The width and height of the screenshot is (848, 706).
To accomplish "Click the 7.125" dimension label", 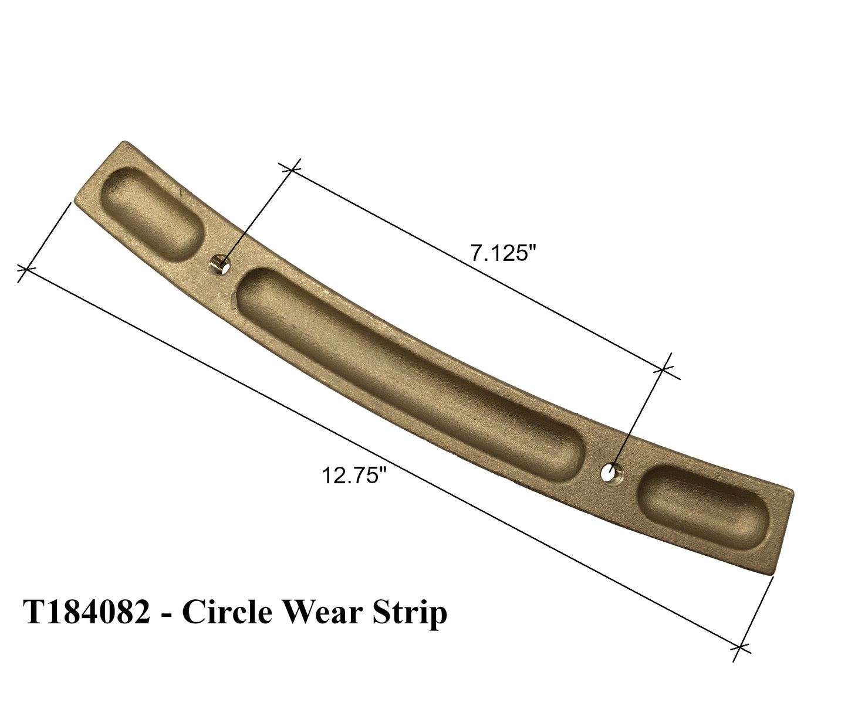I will (x=503, y=254).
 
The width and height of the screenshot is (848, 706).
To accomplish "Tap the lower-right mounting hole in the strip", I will (x=610, y=471).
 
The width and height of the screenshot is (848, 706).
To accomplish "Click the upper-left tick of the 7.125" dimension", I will (x=292, y=169).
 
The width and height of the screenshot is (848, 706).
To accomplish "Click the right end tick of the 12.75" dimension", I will (x=741, y=648).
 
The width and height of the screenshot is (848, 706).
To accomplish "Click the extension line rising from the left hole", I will (x=256, y=216).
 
